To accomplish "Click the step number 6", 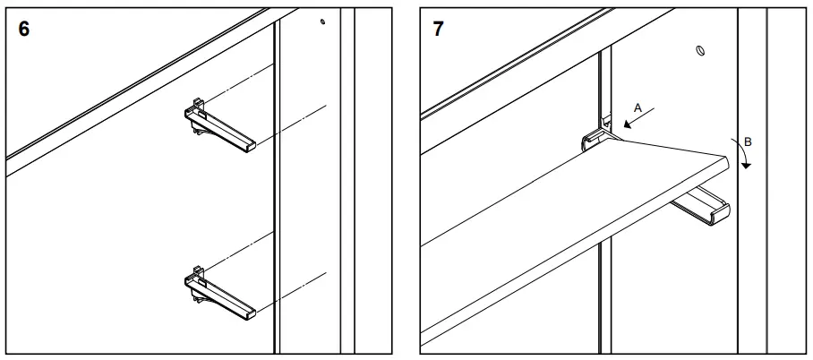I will (24, 29).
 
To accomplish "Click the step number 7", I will (438, 29).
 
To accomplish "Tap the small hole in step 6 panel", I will (322, 21).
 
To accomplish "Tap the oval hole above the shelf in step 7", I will (701, 51).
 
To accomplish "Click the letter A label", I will (638, 107).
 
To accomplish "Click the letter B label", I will (748, 141).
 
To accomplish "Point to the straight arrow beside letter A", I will (639, 119).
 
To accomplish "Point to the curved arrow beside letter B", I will (742, 154).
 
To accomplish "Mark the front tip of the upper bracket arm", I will (251, 145).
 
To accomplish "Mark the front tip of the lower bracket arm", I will (251, 313).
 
